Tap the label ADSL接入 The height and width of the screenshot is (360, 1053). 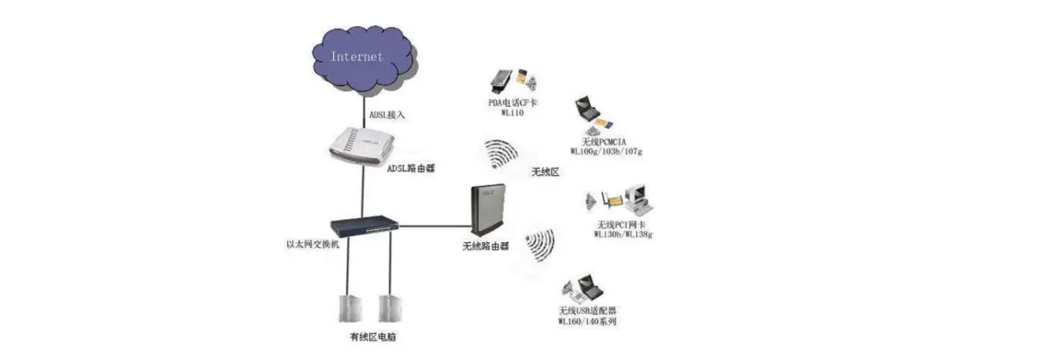click(x=387, y=114)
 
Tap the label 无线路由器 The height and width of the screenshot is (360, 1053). click(x=485, y=246)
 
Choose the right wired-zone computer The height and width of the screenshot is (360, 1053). click(x=390, y=308)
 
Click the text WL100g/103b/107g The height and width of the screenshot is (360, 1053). click(x=605, y=150)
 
